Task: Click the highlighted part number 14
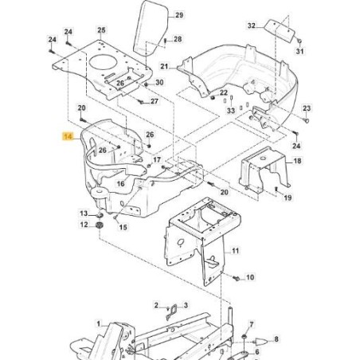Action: coord(68,137)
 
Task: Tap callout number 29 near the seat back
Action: coord(179,15)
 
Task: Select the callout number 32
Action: coord(251,25)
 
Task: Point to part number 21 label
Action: coord(164,66)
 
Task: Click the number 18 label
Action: coord(297,161)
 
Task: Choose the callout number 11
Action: coord(235,251)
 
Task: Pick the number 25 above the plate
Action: coord(101,30)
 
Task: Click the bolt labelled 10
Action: coord(236,278)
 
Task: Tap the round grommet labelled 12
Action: coord(100,225)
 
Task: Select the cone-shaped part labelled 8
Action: coord(261,340)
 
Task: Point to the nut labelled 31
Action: coord(299,41)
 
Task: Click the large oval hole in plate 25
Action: coord(104,63)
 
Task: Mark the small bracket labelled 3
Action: coord(171,311)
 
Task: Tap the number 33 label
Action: coord(231,110)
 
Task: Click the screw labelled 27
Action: coord(141,101)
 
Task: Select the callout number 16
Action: coord(120,183)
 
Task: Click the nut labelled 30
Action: coord(146,84)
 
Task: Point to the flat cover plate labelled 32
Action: coord(280,29)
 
